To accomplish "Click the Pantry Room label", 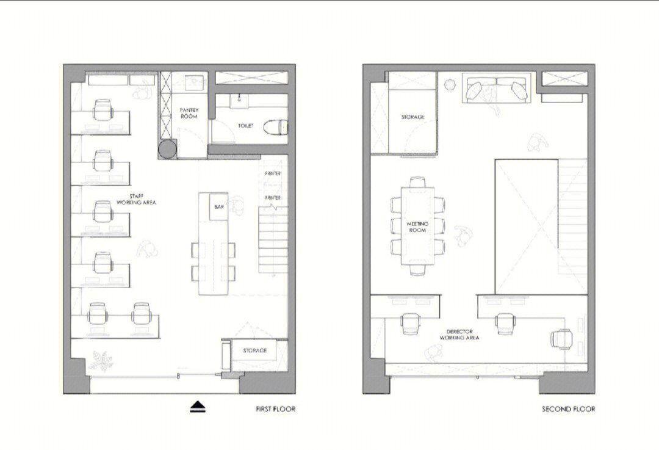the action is pyautogui.click(x=189, y=113).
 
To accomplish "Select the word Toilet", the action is pyautogui.click(x=246, y=126).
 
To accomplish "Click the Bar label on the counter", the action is pyautogui.click(x=219, y=207).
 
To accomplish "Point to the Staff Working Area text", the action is pyautogui.click(x=136, y=199).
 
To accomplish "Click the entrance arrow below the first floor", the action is pyautogui.click(x=198, y=407).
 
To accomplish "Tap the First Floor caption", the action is pyautogui.click(x=276, y=408).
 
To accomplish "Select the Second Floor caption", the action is pyautogui.click(x=568, y=408).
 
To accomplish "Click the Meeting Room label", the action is pyautogui.click(x=417, y=227).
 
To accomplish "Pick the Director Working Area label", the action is pyautogui.click(x=459, y=335).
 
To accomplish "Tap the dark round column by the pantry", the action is pyautogui.click(x=168, y=149).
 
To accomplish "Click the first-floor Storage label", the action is pyautogui.click(x=255, y=350).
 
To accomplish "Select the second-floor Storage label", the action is pyautogui.click(x=412, y=117).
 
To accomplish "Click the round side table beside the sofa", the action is pyautogui.click(x=450, y=84).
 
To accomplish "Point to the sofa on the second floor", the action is pyautogui.click(x=496, y=87).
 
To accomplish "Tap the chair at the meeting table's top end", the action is pyautogui.click(x=417, y=182).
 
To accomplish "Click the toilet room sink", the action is pyautogui.click(x=239, y=101).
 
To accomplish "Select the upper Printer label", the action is pyautogui.click(x=273, y=173).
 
